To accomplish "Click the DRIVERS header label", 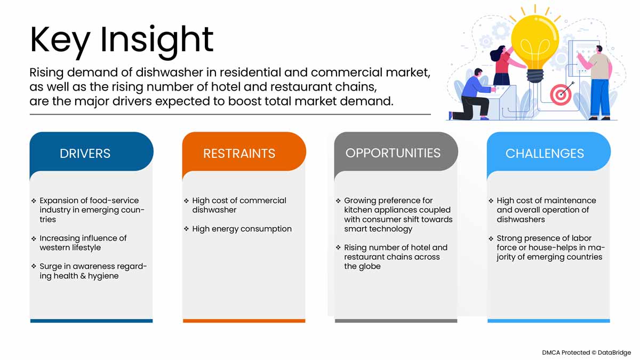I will tap(85, 154).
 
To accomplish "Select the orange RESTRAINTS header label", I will tap(239, 154).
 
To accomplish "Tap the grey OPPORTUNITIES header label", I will tap(393, 153).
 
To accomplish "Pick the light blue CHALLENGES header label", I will tap(545, 154).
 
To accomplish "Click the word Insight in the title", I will tap(157, 39).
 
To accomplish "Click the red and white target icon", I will tap(561, 94).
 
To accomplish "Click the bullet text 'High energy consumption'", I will tap(242, 229).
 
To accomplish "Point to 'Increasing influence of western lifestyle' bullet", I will tap(83, 243).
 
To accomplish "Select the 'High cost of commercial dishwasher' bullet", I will tap(239, 205).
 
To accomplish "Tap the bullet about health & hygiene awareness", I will tap(92, 271).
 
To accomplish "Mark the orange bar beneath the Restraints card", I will tap(244, 321).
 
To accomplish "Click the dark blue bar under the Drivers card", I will tap(91, 321).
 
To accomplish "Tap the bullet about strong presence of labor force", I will tap(550, 247).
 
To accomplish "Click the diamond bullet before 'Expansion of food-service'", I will tap(34, 201).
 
